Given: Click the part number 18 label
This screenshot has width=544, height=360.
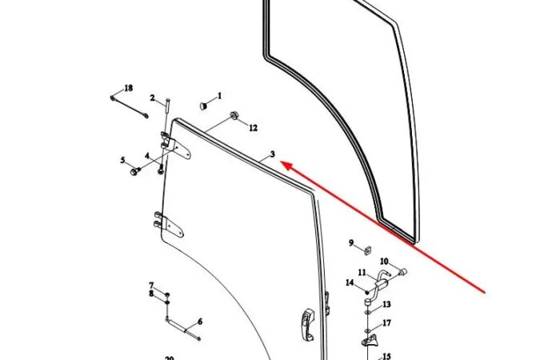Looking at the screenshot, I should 128,87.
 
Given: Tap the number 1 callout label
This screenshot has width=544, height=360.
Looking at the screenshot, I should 219,95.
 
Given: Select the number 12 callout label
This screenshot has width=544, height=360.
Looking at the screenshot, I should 253,127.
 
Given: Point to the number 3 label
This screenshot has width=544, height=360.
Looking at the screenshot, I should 272,153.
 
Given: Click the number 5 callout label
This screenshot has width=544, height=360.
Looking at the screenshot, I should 122,160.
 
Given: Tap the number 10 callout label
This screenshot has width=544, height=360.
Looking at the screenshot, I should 383,261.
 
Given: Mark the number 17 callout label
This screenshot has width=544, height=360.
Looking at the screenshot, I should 386,323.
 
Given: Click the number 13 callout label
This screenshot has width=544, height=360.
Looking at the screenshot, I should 386,304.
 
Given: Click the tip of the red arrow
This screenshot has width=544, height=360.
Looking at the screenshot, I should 282,165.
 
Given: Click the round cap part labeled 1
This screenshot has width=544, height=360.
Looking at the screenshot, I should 204,105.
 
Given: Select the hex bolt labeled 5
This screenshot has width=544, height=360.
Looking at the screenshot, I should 130,170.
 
